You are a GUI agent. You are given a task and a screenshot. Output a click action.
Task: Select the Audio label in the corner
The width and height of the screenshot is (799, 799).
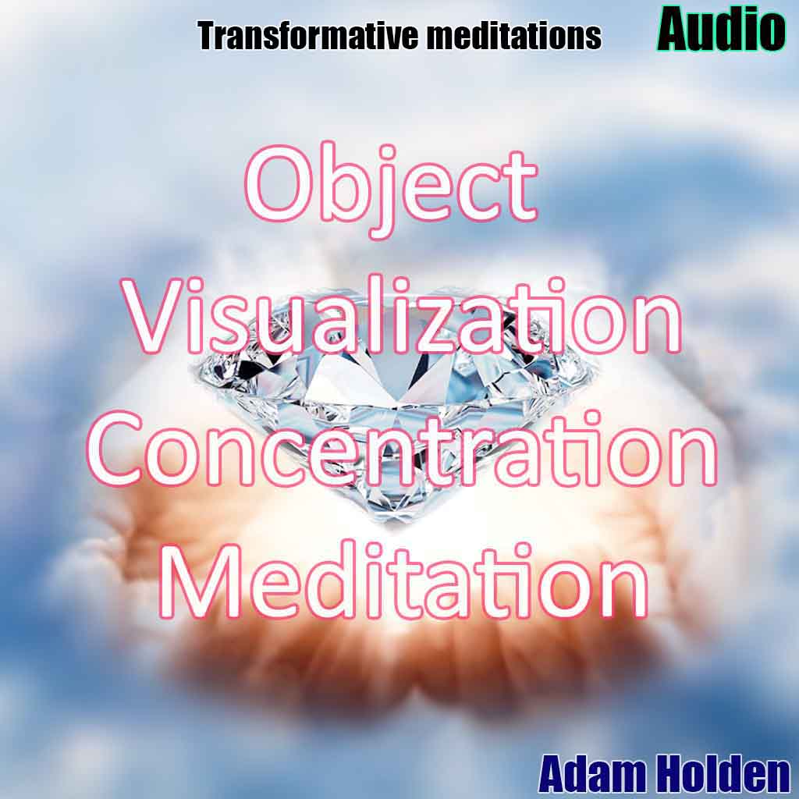tap(721, 29)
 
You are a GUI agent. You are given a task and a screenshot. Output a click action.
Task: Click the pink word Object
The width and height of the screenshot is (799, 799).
tap(392, 190)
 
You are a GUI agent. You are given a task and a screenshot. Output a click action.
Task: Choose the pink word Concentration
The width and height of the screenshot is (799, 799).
tap(403, 449)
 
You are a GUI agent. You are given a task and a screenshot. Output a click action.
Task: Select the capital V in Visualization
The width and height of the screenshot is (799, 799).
tap(156, 317)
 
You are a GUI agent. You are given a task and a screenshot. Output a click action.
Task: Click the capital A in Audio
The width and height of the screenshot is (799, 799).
tap(675, 30)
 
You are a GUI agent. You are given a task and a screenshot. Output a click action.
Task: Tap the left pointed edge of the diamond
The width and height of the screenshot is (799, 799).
tap(192, 368)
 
